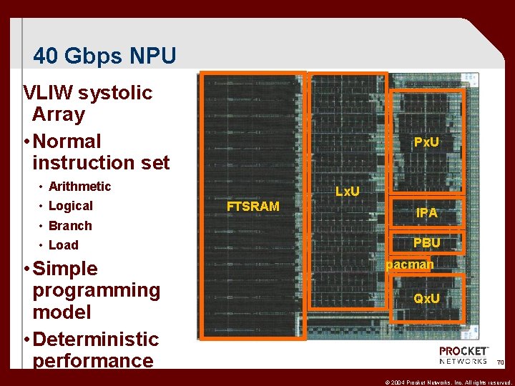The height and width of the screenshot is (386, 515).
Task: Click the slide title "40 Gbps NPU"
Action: coord(104,56)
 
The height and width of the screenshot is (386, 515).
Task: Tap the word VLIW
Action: coord(49,93)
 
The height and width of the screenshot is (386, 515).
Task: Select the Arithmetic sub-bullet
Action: coord(79,187)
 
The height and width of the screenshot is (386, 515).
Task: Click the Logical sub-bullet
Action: coord(70,206)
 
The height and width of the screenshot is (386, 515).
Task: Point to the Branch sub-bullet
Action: coord(70,226)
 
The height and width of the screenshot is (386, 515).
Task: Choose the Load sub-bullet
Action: coord(63,245)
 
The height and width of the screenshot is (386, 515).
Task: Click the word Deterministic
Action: coord(95,339)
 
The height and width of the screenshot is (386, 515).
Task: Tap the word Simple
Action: coord(65,269)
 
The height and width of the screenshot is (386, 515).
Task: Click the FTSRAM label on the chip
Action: coord(252,207)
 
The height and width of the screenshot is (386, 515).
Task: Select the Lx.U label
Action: coord(348,192)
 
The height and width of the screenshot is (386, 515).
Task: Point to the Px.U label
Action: coord(426,142)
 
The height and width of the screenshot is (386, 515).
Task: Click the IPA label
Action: coord(427,213)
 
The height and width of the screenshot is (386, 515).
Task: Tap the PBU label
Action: coord(427,243)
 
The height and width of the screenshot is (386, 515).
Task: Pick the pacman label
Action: coord(410,265)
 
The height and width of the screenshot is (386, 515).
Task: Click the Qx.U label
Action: coord(427,298)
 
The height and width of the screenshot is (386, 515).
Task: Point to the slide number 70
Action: coord(501,363)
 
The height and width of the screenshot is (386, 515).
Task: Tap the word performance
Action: coord(93,360)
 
